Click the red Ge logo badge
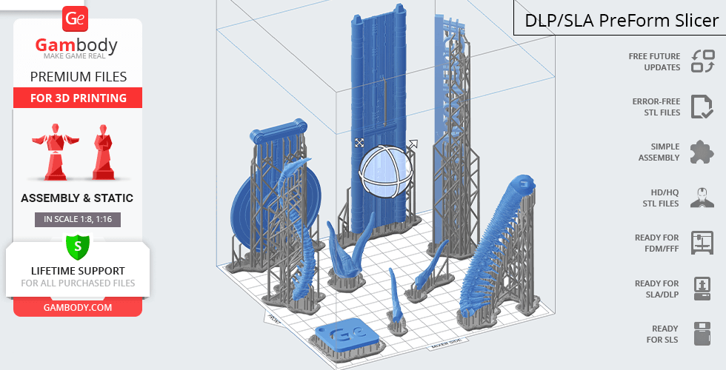pos(75,18)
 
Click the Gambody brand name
pos(76,45)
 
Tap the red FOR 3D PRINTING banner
pos(78,98)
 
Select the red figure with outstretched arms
pos(56,151)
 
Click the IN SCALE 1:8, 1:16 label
pos(78,219)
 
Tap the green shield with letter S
pos(78,246)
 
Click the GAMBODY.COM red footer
pos(78,308)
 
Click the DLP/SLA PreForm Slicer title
pos(622,21)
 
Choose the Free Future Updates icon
pos(703,61)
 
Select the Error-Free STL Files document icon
pos(702,107)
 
